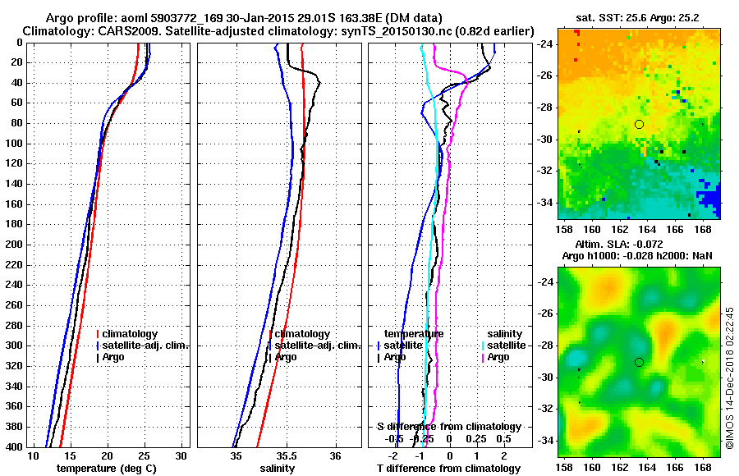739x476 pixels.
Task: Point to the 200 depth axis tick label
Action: (13, 245)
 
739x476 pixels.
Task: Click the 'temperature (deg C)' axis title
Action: (107, 468)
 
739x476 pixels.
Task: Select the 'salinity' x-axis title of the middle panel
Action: (278, 468)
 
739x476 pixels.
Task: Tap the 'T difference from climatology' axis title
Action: (448, 468)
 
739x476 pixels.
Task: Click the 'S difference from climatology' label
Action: (448, 427)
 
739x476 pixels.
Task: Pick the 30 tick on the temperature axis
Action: (181, 455)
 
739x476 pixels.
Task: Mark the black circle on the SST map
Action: (639, 124)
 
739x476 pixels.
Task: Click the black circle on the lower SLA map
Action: (639, 362)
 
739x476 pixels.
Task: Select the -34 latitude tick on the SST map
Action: (544, 202)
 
